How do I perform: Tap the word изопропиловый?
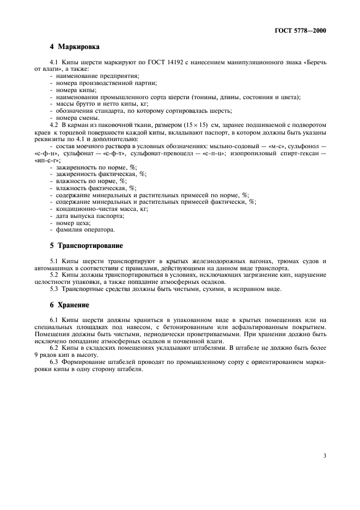coord(254,154)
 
